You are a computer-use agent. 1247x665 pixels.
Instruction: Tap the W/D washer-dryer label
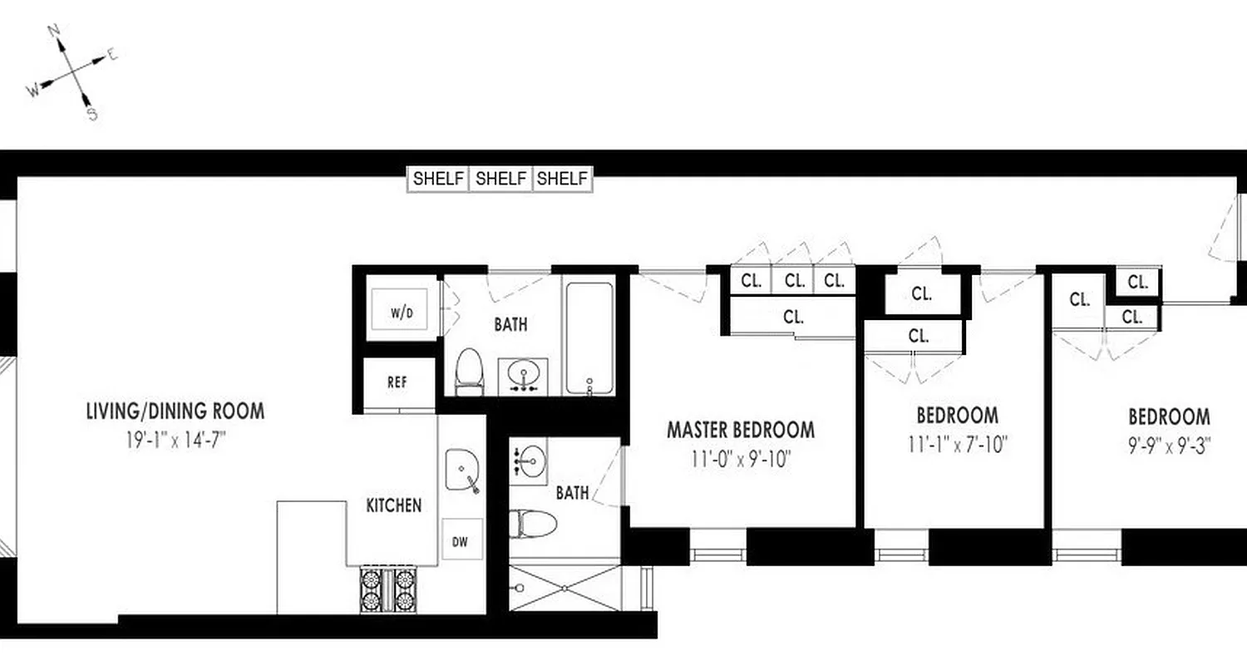[x=402, y=313]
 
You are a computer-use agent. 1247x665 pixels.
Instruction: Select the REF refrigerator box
[x=397, y=384]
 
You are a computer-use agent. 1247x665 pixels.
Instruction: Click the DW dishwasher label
[x=461, y=542]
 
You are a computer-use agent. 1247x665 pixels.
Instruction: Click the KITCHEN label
[x=394, y=505]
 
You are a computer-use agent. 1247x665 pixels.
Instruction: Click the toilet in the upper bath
[x=470, y=371]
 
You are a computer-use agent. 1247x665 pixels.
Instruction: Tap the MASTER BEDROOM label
[x=740, y=430]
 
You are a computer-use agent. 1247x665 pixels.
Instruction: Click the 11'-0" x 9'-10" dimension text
[x=740, y=458]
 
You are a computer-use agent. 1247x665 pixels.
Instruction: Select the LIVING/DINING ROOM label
[x=175, y=411]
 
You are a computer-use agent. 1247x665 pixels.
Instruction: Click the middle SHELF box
[x=500, y=179]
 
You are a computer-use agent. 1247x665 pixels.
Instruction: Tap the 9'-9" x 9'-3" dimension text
[x=1169, y=445]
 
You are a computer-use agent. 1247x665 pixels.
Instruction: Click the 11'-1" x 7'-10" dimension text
[x=958, y=444]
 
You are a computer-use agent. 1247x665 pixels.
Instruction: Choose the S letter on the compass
[x=92, y=114]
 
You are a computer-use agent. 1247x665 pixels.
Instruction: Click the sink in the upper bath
[x=524, y=375]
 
